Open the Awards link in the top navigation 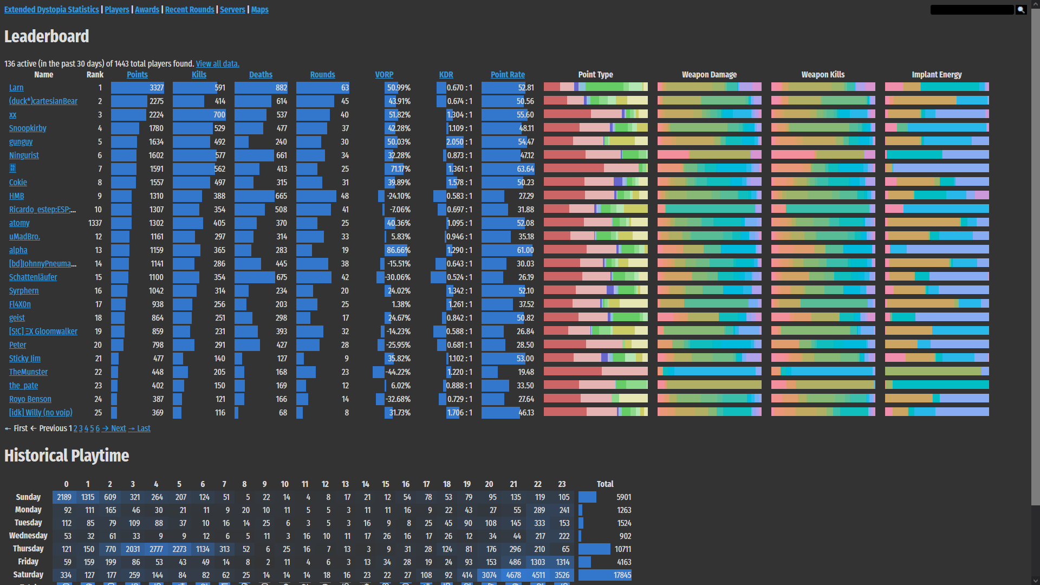point(147,10)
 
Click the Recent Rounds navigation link point(190,10)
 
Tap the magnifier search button point(1021,10)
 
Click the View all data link point(217,64)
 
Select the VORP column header point(384,75)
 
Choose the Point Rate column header point(508,75)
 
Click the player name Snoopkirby point(28,128)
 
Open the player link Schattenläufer point(33,277)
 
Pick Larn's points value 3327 point(157,88)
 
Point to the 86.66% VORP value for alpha point(398,250)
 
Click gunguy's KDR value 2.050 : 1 point(459,142)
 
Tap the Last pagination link point(144,428)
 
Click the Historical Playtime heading point(67,456)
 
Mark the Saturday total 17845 point(622,575)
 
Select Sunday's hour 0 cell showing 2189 point(64,497)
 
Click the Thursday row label point(28,549)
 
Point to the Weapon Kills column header point(823,75)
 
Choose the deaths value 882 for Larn point(281,88)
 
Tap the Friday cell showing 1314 point(563,562)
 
